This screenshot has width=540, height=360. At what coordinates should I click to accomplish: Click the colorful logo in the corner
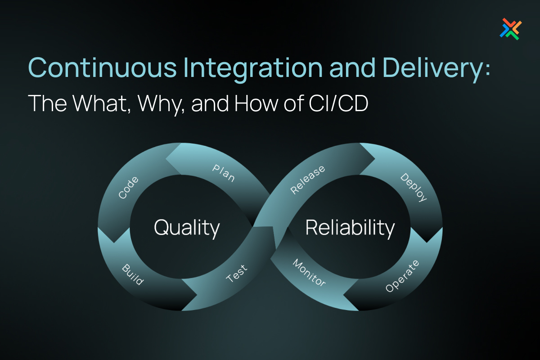tap(511, 29)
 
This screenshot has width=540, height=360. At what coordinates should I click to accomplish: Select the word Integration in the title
tap(253, 70)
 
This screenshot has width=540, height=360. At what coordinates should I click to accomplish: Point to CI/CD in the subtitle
tap(338, 103)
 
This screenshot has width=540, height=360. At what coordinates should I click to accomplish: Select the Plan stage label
tap(224, 173)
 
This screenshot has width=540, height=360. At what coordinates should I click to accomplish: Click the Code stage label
tap(129, 188)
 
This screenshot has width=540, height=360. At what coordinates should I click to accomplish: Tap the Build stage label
tap(133, 274)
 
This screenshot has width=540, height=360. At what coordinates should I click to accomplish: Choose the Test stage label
tap(237, 273)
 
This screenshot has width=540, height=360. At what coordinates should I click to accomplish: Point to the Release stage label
tap(308, 180)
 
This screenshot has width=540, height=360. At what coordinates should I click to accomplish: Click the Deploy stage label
tap(414, 187)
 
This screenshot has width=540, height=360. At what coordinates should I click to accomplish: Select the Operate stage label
tap(402, 276)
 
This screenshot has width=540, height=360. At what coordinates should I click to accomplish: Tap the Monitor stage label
tap(309, 273)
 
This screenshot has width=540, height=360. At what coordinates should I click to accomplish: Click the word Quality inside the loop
tap(187, 228)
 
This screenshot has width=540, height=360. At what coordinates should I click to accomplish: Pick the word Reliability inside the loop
tap(350, 228)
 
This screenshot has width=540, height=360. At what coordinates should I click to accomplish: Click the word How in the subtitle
tap(256, 103)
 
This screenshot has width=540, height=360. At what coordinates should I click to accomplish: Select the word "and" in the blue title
tap(352, 67)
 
